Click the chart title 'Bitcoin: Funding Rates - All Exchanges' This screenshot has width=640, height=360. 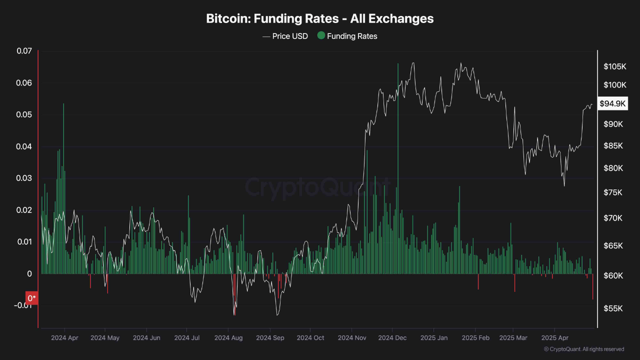click(320, 19)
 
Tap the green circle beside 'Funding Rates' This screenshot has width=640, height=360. click(321, 35)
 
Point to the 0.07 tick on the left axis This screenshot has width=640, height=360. click(24, 51)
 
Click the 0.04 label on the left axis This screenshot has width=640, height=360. click(24, 146)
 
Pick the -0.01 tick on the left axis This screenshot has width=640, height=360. click(22, 305)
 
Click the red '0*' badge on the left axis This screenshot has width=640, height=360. click(32, 298)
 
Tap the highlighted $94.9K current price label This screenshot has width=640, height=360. click(613, 103)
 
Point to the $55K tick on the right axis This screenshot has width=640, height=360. click(613, 309)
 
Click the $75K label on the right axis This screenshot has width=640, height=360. click(613, 192)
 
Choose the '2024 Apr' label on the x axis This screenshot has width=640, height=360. click(64, 338)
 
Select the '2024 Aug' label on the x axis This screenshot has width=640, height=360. click(228, 338)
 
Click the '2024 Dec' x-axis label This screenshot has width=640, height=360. click(392, 338)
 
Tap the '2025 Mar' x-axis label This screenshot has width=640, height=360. click(514, 338)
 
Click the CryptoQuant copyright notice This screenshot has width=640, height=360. click(583, 349)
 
